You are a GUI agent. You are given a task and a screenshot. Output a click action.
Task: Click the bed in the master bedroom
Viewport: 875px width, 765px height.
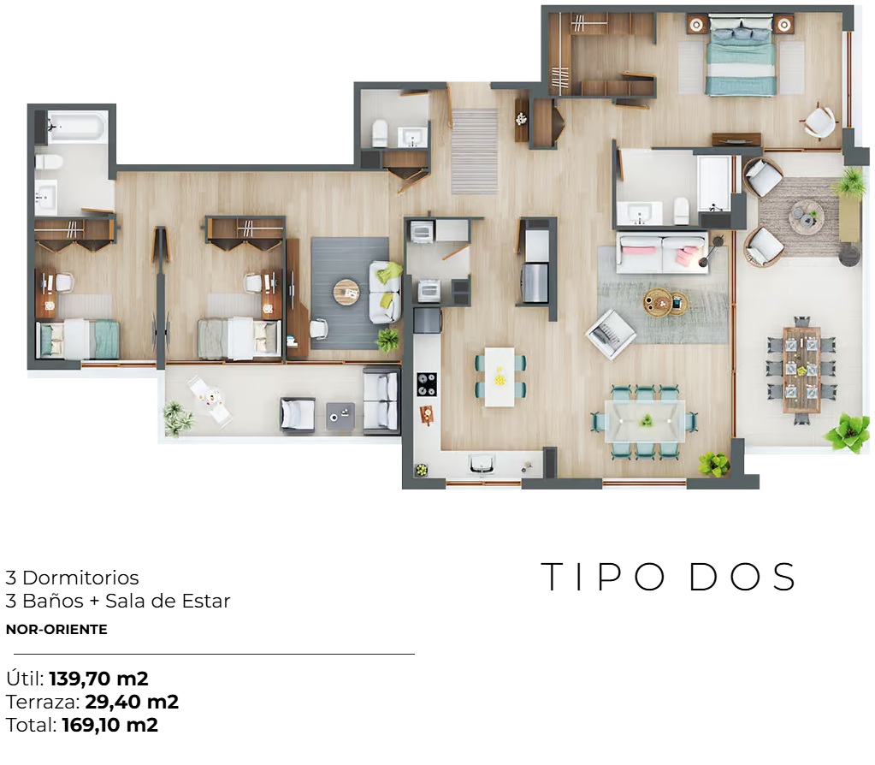point(741,54)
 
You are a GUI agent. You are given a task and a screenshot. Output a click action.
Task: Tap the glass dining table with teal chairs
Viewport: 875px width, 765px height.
point(645,421)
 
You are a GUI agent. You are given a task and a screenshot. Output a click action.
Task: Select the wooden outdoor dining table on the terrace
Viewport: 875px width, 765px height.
point(801,369)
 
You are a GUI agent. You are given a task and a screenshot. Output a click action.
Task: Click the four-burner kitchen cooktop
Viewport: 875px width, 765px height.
point(427,383)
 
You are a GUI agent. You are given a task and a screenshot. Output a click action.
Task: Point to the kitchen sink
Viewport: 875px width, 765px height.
point(482,464)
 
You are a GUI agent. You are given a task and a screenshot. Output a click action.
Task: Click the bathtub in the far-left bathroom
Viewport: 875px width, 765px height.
point(76,127)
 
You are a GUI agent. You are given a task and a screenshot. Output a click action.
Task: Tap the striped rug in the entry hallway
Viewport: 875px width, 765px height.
point(475,151)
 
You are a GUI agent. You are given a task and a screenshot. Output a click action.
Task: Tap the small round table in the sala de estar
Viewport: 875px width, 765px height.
point(346,292)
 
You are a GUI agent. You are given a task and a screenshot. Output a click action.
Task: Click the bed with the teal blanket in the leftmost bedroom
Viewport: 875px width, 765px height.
point(78,339)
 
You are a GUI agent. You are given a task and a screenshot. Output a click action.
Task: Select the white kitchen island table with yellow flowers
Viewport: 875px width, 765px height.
point(500,377)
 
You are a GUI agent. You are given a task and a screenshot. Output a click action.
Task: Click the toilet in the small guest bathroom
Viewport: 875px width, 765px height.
point(380,133)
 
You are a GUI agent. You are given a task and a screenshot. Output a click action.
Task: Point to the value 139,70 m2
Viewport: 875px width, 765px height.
point(98,679)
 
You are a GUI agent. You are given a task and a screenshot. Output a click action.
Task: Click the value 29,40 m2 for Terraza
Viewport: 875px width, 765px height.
point(132,702)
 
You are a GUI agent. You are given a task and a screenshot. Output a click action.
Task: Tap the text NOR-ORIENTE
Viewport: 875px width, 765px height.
point(56,629)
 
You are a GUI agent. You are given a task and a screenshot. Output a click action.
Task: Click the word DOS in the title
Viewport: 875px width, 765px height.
point(742,577)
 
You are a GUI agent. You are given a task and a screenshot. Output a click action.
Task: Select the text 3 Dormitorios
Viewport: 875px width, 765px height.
point(72,578)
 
